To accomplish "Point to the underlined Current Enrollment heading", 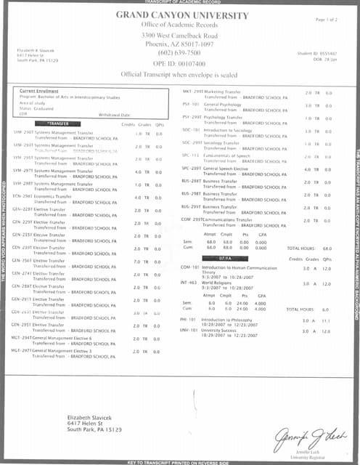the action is point(39,91).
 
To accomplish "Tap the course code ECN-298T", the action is point(22,197).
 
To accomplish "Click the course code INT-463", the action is point(189,283).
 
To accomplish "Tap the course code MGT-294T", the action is point(21,339).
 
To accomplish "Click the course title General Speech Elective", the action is point(226,169).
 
